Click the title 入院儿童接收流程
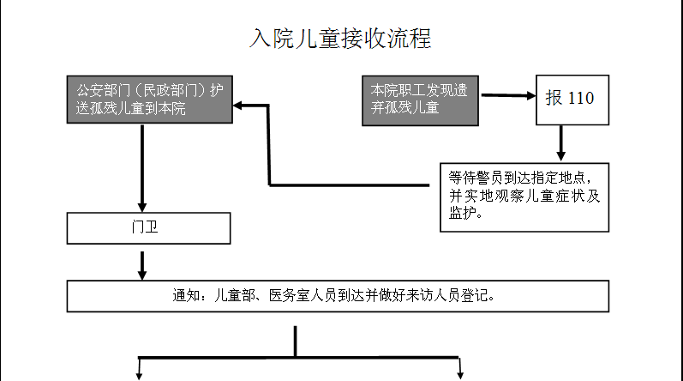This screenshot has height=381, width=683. point(339,39)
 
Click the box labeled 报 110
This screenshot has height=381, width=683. point(569,98)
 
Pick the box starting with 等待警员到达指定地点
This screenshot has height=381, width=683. point(524,197)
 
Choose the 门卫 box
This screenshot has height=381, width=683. point(148,228)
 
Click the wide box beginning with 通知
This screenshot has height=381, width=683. point(338,296)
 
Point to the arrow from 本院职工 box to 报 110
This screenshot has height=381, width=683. point(507,95)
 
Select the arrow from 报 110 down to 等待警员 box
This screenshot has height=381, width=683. point(560,143)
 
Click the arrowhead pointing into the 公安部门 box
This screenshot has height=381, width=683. point(240,106)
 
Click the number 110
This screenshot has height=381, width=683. point(580,98)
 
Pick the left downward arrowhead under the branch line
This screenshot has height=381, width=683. point(139,373)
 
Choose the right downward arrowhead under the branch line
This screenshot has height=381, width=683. point(461,373)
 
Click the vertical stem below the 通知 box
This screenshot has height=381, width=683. point(295,341)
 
